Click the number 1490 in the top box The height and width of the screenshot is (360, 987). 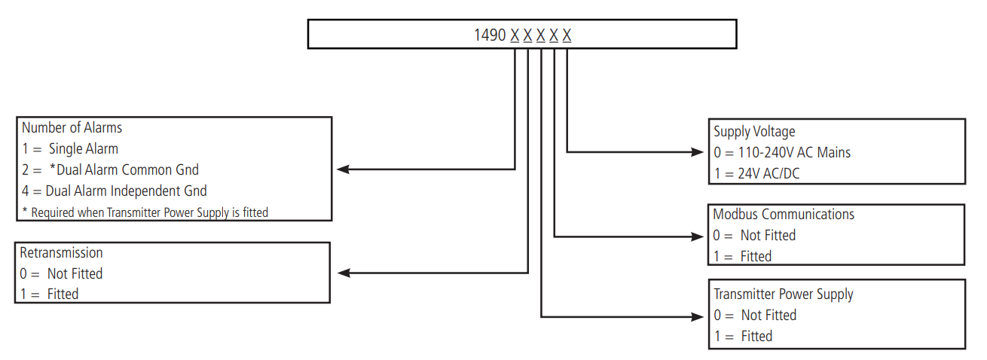[490, 35]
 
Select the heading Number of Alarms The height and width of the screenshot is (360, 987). [72, 127]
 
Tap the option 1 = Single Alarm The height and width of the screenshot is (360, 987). [69, 148]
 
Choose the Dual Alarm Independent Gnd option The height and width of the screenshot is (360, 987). [114, 191]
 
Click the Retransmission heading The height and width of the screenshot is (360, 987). [61, 252]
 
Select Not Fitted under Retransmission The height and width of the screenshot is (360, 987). [61, 273]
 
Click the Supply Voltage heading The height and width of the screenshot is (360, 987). [754, 132]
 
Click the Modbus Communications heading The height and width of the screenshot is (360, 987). [784, 215]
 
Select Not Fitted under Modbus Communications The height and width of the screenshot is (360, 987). [754, 235]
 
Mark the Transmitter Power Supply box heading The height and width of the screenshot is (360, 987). [784, 294]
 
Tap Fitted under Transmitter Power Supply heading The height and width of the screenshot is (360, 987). [743, 336]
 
